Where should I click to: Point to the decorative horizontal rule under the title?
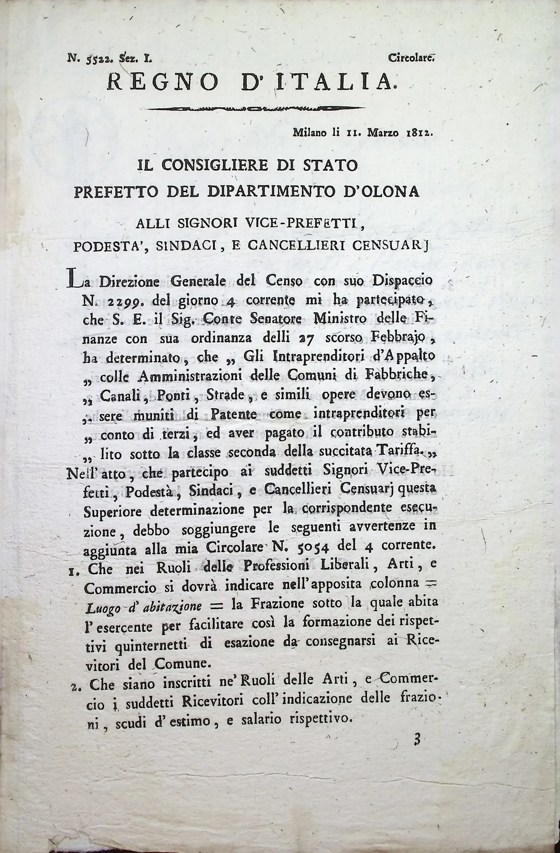(x=255, y=108)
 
